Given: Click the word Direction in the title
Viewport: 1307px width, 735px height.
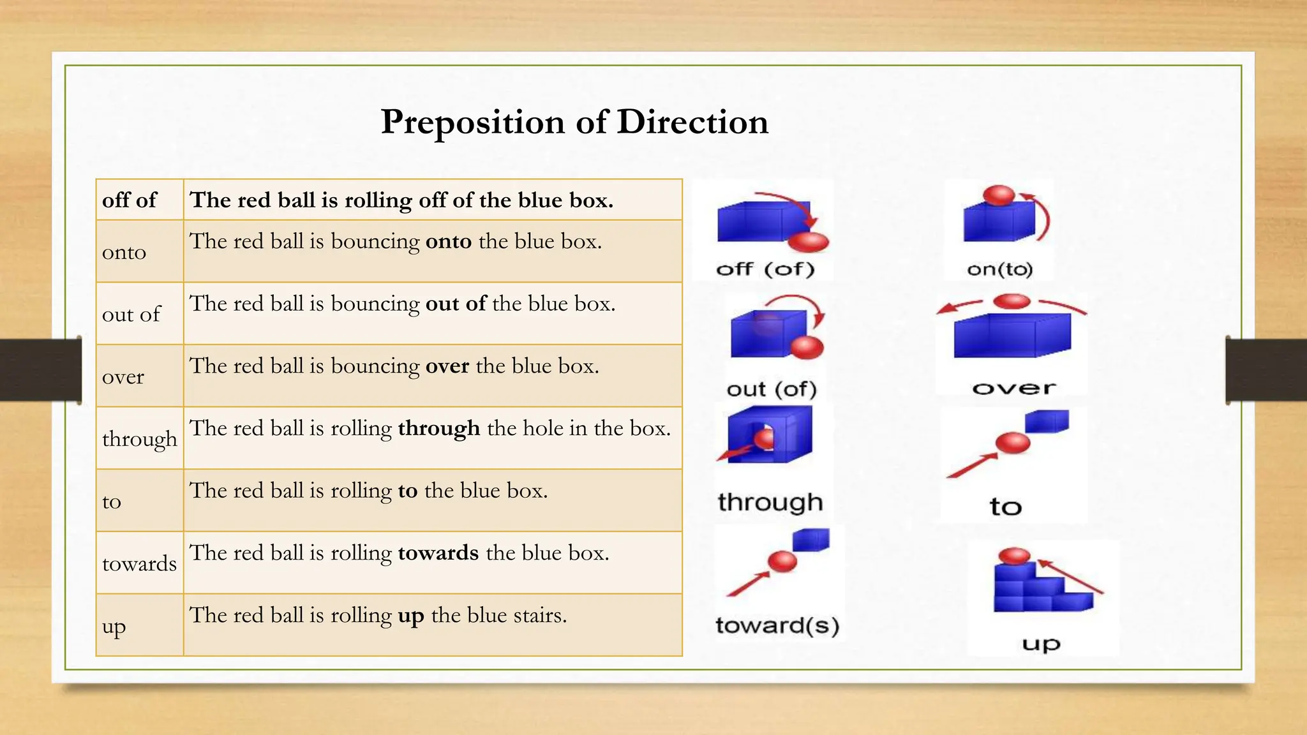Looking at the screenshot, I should point(692,121).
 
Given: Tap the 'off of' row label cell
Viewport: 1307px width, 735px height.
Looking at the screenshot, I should point(130,200).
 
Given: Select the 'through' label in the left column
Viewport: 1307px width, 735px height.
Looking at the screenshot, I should point(139,438).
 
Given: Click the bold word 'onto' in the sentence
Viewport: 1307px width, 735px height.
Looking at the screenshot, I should point(449,241).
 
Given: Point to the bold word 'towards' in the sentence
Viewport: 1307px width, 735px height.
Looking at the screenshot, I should point(438,553).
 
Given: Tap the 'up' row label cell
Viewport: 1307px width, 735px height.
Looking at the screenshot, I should point(114,627).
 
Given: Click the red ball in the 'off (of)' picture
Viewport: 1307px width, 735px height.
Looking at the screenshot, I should point(808,241).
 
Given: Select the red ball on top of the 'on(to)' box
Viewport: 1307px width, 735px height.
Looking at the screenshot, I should point(998,195).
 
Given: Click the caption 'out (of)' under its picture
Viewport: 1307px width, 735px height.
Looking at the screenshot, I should point(772,389).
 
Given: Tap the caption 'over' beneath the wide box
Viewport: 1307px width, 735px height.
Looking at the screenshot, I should point(1013,388).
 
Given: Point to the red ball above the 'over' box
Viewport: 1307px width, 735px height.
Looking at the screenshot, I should point(1012,301).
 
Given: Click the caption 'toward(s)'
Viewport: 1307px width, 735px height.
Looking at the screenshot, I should point(777,625).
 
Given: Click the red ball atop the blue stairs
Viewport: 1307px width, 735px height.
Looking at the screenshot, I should point(1014,556).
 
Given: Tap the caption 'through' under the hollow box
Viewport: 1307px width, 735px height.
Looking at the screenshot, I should point(770,502).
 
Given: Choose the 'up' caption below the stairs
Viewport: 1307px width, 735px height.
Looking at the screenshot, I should point(1041,644).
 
